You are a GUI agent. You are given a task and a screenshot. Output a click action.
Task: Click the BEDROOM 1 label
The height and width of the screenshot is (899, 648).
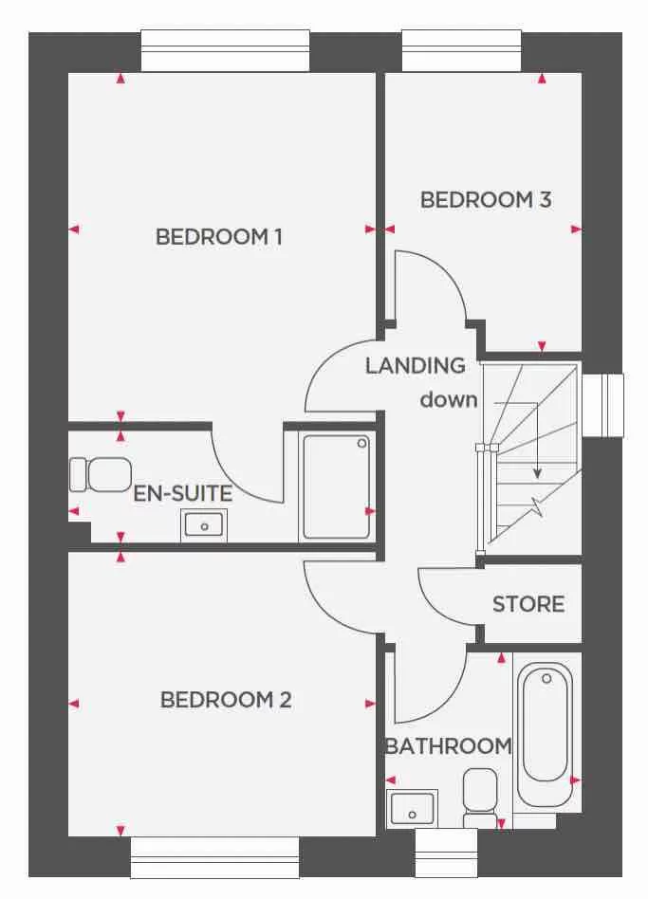point(219,237)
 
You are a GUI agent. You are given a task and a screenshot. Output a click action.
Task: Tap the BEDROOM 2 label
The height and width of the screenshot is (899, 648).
point(226,701)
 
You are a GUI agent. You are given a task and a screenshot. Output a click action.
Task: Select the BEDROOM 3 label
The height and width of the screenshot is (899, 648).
point(486,200)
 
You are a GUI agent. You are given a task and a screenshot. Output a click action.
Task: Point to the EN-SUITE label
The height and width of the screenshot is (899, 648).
point(182,494)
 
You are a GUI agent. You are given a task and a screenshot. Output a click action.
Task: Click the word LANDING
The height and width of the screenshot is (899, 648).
point(416,365)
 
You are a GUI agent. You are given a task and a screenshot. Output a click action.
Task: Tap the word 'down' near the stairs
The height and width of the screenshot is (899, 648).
point(449,399)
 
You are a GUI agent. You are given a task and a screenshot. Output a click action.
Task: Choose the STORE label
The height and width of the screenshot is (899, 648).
point(528,604)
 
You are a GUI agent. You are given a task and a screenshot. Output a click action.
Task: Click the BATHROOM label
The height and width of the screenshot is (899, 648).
point(448,746)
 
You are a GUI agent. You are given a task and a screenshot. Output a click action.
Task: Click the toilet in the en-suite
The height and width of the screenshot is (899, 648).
point(101,473)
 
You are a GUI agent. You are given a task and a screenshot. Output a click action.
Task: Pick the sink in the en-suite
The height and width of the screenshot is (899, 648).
point(204,523)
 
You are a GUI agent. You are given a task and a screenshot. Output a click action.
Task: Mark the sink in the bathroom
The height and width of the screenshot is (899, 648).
point(412,809)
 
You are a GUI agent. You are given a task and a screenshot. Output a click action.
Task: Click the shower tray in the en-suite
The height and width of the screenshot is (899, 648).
point(336,486)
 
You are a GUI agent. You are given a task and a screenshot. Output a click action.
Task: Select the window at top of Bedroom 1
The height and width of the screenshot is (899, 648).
point(225,50)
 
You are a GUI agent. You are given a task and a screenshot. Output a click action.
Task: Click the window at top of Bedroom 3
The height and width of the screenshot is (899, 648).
point(461,50)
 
